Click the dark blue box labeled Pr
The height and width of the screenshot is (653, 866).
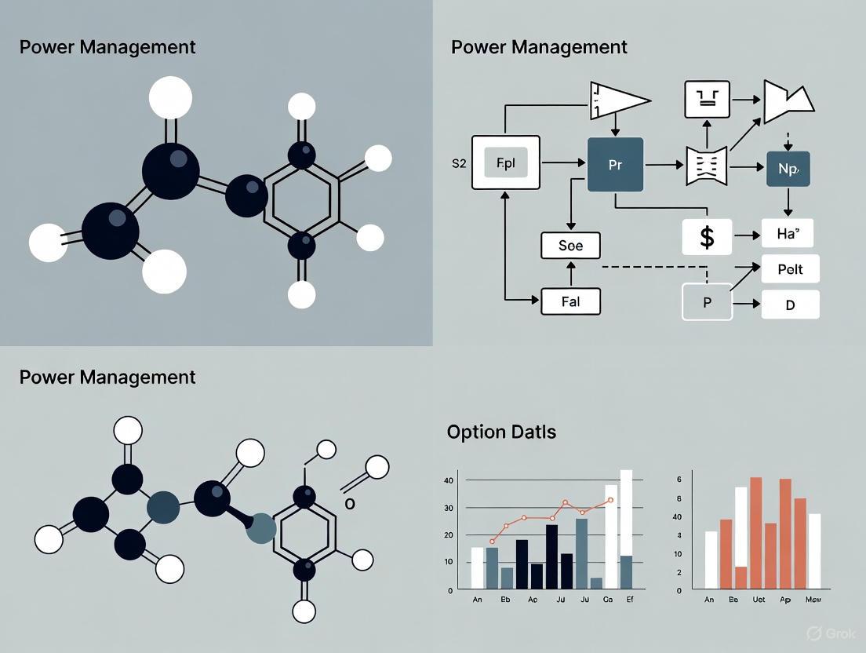coord(615,165)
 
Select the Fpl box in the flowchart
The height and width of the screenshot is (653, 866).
coord(505,162)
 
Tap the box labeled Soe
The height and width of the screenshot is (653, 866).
coord(570,246)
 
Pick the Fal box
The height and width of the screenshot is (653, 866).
coord(570,301)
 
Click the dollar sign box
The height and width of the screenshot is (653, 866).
coord(706,236)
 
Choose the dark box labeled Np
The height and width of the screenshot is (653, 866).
coord(788,168)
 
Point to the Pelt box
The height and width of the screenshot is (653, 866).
coord(790,269)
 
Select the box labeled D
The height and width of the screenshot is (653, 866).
coord(790,305)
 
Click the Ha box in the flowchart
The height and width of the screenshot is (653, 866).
coord(787,234)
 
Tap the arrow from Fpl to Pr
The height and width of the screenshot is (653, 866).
coord(563,163)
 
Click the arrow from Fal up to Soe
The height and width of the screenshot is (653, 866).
coord(570,274)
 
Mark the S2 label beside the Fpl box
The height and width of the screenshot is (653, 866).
coord(459,164)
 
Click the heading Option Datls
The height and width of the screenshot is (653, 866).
coord(501,432)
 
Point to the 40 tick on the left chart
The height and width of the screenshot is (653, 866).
coord(449,480)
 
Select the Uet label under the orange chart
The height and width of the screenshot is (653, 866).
coord(758,600)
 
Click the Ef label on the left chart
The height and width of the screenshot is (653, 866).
coord(629,600)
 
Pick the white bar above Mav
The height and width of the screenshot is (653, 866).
coord(814,551)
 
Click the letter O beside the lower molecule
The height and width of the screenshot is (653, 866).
coord(350,504)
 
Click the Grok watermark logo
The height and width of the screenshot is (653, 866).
coord(813,633)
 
